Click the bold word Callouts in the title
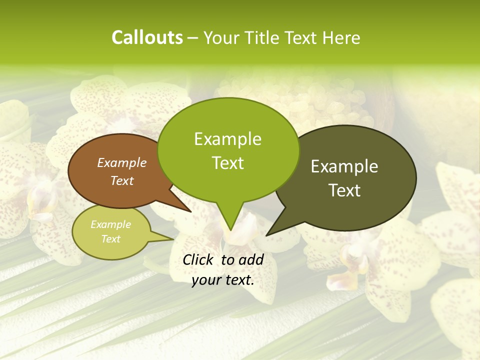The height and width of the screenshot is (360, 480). click(x=147, y=37)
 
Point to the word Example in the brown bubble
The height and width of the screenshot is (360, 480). click(x=122, y=162)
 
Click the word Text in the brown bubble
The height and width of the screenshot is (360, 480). click(x=122, y=180)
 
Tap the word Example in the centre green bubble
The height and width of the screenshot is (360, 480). click(x=228, y=139)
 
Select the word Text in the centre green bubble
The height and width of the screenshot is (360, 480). click(x=228, y=163)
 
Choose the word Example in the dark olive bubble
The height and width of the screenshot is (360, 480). click(x=344, y=166)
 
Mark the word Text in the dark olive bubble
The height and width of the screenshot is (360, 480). click(x=344, y=190)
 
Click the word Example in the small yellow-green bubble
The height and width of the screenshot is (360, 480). click(x=110, y=224)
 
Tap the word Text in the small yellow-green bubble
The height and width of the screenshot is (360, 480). click(x=110, y=239)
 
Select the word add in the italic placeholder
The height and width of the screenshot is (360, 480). click(x=251, y=259)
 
